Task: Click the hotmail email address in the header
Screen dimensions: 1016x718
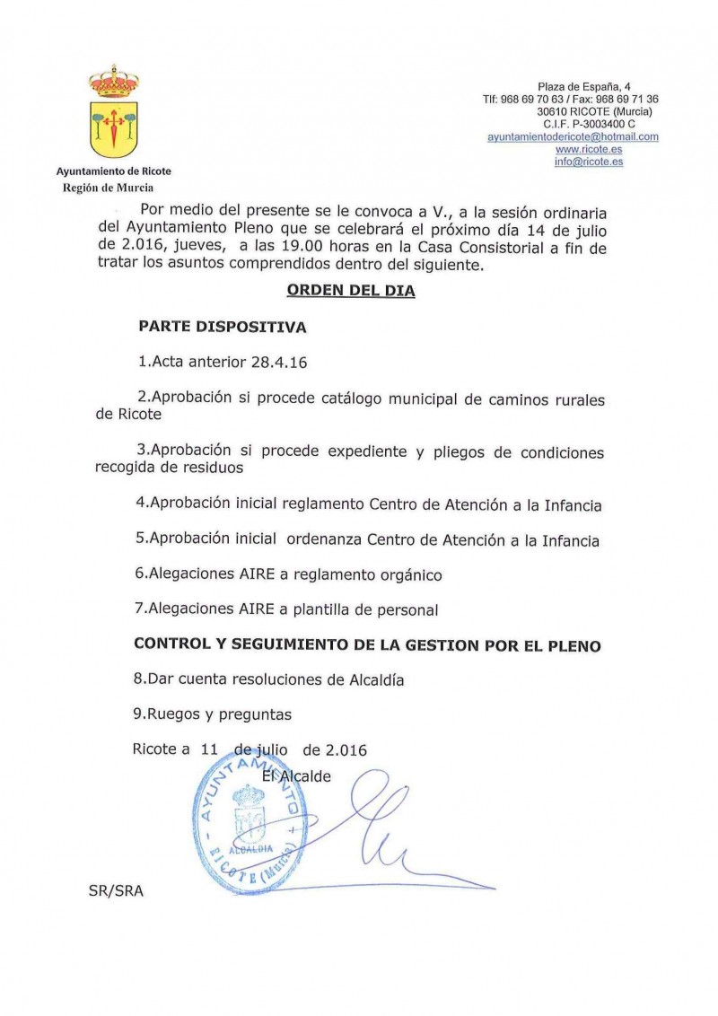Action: (x=573, y=136)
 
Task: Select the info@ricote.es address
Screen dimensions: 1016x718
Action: (x=588, y=162)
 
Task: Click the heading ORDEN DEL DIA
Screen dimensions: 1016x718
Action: (x=350, y=291)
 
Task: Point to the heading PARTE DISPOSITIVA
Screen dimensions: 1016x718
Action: (x=222, y=328)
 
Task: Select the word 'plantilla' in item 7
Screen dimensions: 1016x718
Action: (x=324, y=610)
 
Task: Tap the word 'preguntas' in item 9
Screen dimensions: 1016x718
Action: (x=255, y=714)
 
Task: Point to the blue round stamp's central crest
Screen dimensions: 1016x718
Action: (x=247, y=812)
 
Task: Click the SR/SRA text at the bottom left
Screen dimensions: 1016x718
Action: (x=116, y=891)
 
